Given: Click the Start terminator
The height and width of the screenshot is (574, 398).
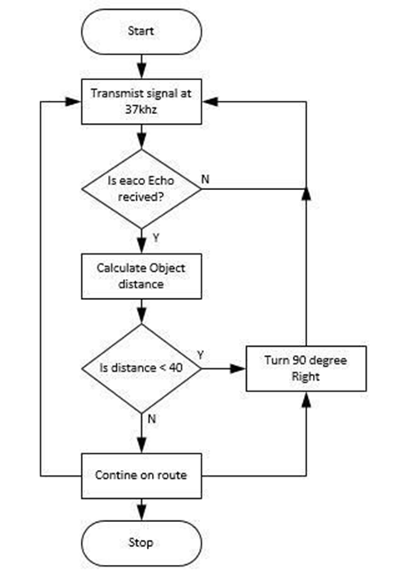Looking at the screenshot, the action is click(141, 32).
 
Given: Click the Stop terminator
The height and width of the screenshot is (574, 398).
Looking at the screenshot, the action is click(141, 543).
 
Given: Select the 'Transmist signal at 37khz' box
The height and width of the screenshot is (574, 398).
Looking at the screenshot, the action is click(141, 102).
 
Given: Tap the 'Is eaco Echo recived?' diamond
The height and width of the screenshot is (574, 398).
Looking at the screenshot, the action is click(141, 189).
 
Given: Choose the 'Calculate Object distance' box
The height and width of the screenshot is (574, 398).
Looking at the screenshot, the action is click(141, 277).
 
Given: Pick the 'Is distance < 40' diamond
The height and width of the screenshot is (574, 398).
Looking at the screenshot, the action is click(141, 368).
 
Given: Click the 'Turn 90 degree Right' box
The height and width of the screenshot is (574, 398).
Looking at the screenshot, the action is click(306, 368).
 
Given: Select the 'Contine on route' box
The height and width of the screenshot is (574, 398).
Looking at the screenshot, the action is click(141, 476).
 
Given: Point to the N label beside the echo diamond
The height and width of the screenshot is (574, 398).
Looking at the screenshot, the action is click(206, 179).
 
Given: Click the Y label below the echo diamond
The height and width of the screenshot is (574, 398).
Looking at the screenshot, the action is click(156, 238).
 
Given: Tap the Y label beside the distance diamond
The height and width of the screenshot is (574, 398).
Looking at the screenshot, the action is click(200, 355).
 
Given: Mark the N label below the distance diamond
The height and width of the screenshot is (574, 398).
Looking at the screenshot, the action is click(152, 419).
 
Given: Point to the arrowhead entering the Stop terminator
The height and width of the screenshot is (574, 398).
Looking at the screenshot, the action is click(141, 514).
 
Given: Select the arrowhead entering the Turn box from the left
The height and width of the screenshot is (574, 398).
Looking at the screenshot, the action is click(239, 368).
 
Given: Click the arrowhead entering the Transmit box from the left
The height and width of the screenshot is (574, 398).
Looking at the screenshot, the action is click(73, 102).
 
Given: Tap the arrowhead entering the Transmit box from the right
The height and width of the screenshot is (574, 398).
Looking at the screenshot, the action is click(211, 102).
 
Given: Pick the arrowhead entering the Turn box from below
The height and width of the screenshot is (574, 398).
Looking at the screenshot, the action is click(306, 399).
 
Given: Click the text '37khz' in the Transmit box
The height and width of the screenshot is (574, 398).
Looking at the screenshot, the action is click(141, 110).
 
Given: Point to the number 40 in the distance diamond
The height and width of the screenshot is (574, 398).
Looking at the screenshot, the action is click(175, 368).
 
